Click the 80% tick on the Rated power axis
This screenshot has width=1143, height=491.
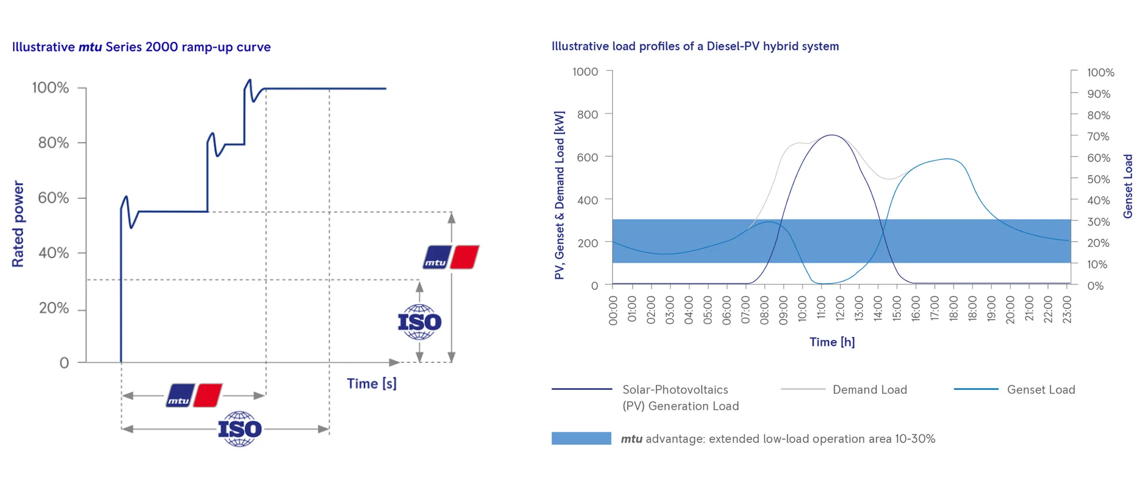click(x=53, y=143)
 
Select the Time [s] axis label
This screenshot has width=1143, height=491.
click(x=371, y=383)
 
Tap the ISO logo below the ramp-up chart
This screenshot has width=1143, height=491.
click(x=240, y=429)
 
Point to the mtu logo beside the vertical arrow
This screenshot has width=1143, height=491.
click(x=451, y=257)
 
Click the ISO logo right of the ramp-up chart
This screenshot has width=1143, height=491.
click(x=419, y=322)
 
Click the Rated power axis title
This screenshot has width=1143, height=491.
click(x=18, y=224)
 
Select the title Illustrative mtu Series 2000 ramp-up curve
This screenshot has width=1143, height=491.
click(x=141, y=47)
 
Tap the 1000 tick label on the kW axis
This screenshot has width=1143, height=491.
click(x=585, y=72)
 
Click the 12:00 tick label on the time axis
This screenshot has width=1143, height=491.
click(x=840, y=310)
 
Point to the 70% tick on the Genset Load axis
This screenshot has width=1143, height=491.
click(x=1098, y=137)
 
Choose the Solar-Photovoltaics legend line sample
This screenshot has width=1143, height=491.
click(x=582, y=389)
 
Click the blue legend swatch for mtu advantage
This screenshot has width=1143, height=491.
click(x=581, y=439)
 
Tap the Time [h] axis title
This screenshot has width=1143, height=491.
click(x=832, y=342)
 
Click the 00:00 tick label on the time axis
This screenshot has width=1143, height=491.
click(x=613, y=310)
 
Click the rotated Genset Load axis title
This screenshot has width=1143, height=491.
click(x=1127, y=186)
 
